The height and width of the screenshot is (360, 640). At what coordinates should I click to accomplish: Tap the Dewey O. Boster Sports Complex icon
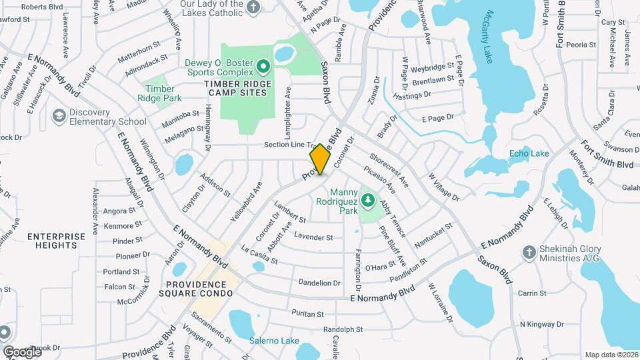point(262,66)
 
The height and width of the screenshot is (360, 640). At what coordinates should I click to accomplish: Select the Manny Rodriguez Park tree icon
point(367,199)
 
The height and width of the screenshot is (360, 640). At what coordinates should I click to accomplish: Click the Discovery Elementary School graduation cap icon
point(59,116)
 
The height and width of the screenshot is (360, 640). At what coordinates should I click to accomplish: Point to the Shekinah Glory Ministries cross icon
point(529,253)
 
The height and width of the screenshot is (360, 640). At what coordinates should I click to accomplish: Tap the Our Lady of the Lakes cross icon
point(253,7)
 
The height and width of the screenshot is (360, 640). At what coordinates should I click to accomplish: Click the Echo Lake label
point(529,154)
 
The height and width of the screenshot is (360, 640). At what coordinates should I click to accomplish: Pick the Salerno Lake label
point(274,341)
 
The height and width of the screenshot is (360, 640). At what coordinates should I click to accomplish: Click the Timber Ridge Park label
point(160,93)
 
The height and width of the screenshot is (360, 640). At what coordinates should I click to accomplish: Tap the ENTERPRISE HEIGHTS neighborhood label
point(57,241)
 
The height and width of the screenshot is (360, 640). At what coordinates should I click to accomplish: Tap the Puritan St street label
point(307,313)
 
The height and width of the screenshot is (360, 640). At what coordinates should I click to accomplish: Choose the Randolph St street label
point(343,329)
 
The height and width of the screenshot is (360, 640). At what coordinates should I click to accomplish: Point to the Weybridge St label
point(433,68)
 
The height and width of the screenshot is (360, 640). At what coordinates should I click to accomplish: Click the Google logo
point(22,351)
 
